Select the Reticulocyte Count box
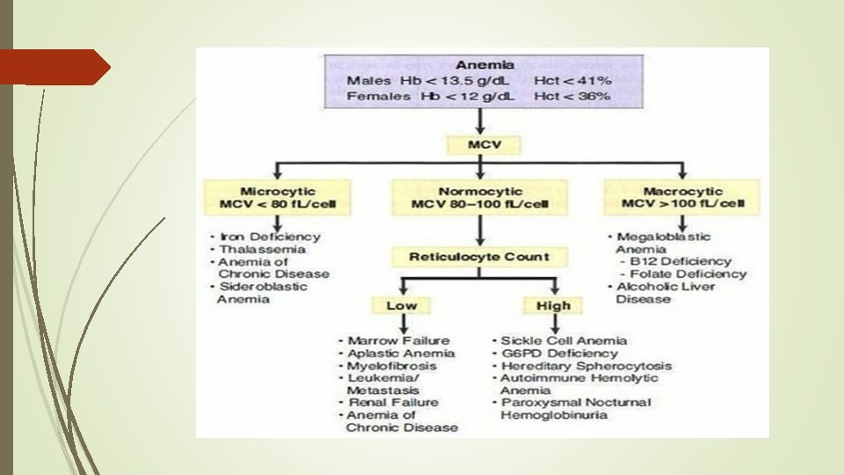(x=479, y=257)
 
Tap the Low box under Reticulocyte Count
(x=401, y=305)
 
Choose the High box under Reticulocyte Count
(x=553, y=305)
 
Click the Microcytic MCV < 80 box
(x=277, y=198)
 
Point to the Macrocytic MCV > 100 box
(x=682, y=198)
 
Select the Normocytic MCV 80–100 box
(x=479, y=198)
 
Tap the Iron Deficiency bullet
(x=269, y=237)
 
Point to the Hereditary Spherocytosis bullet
(x=586, y=365)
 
